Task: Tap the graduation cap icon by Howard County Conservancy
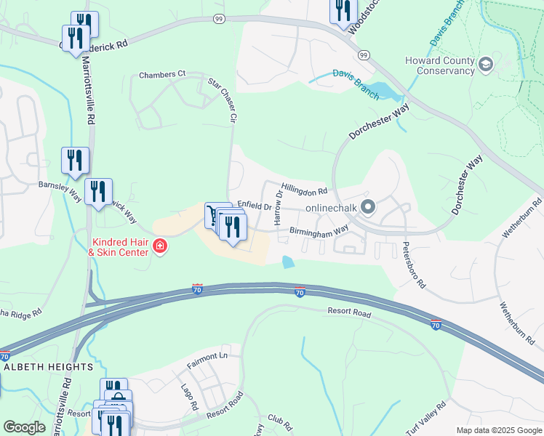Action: [485, 65]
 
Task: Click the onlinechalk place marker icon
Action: [368, 209]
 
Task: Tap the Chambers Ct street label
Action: [162, 75]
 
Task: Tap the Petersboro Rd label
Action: [412, 265]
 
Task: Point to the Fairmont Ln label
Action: [207, 357]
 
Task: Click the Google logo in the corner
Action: [24, 427]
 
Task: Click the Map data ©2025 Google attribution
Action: [498, 430]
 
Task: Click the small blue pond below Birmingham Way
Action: [289, 262]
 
